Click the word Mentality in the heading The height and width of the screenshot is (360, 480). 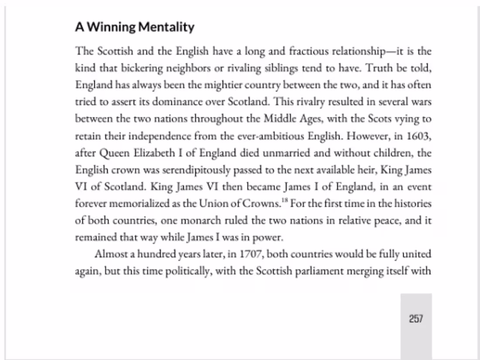166,27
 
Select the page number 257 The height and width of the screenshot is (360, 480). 416,319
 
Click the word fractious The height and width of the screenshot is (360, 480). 309,51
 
